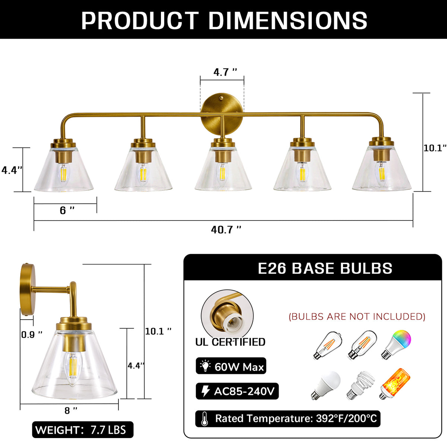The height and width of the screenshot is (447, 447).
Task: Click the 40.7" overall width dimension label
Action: coord(226,230)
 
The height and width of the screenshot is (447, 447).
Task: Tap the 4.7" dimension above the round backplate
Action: coord(225,72)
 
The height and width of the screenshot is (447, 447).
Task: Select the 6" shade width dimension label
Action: coord(67,210)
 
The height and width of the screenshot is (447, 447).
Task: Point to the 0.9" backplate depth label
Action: coord(32,335)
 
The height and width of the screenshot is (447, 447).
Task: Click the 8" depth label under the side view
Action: coord(71,410)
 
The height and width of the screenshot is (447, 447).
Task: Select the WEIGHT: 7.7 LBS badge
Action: coord(83,430)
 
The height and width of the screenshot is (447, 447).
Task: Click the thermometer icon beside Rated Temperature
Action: coord(205,419)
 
